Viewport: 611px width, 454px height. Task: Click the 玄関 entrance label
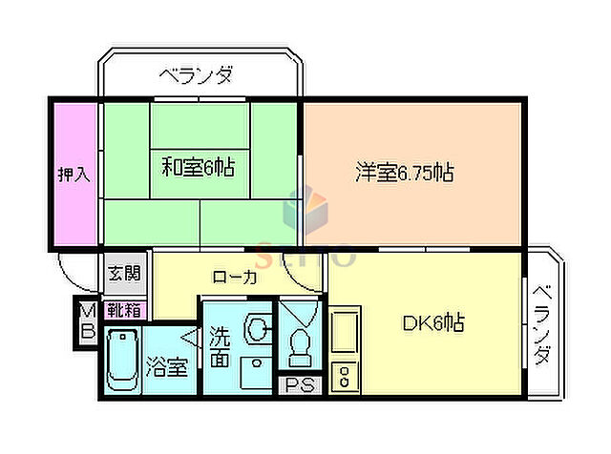(123, 274)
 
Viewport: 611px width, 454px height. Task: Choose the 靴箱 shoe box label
(123, 309)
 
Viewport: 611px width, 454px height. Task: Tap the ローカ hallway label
(234, 278)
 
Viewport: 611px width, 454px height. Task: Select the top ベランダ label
(197, 73)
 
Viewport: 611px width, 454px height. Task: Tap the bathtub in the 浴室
(122, 361)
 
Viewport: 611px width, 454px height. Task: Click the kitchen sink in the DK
(344, 333)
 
